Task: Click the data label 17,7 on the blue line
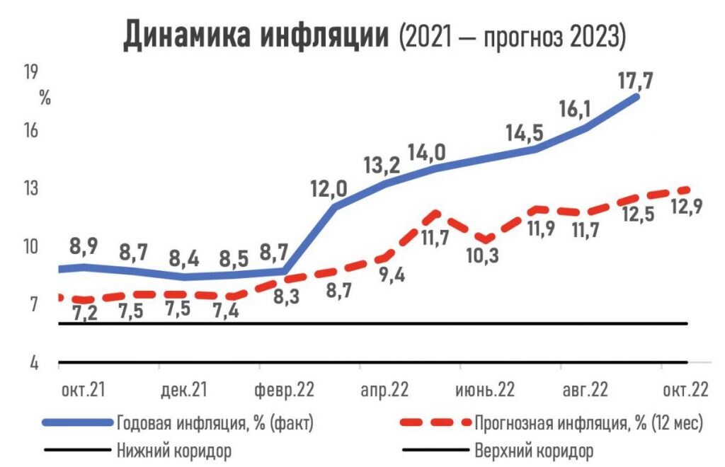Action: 635,79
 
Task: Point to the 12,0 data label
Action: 329,189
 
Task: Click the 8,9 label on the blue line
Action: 84,247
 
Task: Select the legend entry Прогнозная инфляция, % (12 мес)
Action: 588,423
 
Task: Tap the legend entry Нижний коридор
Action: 173,450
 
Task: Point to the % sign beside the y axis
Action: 45,98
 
